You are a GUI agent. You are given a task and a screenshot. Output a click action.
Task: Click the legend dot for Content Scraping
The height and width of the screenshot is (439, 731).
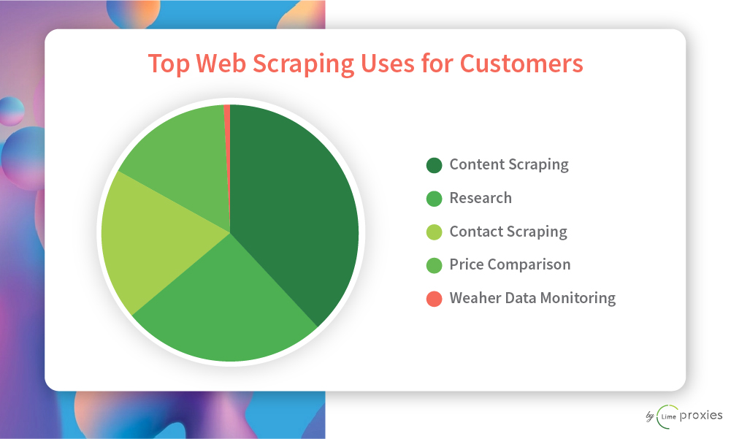[434, 165]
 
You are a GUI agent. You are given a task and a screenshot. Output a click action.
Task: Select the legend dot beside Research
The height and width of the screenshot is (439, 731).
[434, 199]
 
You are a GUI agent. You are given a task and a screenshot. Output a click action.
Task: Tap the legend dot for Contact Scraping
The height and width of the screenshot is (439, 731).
[434, 232]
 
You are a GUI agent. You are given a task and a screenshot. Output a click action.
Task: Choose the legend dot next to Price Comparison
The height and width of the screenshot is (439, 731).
[434, 265]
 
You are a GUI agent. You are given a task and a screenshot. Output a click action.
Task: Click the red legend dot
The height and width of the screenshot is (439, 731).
[434, 299]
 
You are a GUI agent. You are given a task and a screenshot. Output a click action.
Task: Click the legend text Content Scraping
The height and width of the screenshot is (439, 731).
[509, 164]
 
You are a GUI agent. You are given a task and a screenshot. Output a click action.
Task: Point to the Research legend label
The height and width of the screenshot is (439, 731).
[481, 198]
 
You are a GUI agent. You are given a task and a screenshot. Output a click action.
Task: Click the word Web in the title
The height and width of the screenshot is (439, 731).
[221, 64]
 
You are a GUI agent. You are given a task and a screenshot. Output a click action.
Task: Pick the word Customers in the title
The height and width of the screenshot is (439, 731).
[521, 64]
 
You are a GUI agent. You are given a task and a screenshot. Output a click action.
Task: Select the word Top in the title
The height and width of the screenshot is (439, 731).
[169, 64]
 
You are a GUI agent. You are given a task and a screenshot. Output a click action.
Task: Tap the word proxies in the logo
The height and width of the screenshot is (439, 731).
[701, 415]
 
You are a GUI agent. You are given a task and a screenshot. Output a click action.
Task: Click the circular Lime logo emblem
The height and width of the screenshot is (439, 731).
[667, 416]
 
